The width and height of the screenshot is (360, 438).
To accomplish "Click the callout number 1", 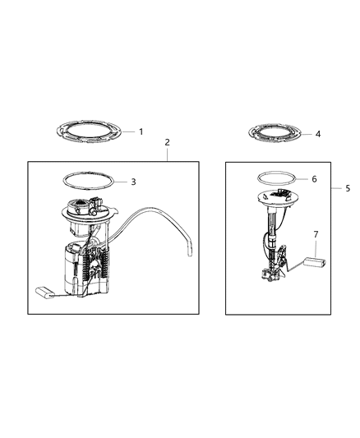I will point(141,131).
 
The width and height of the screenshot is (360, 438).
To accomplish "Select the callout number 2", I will point(168,142).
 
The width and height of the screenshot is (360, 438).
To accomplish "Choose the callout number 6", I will point(314,178).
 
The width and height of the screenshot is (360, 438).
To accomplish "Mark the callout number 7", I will point(316,235).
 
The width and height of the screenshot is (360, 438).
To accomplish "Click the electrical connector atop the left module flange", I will point(98,203).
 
